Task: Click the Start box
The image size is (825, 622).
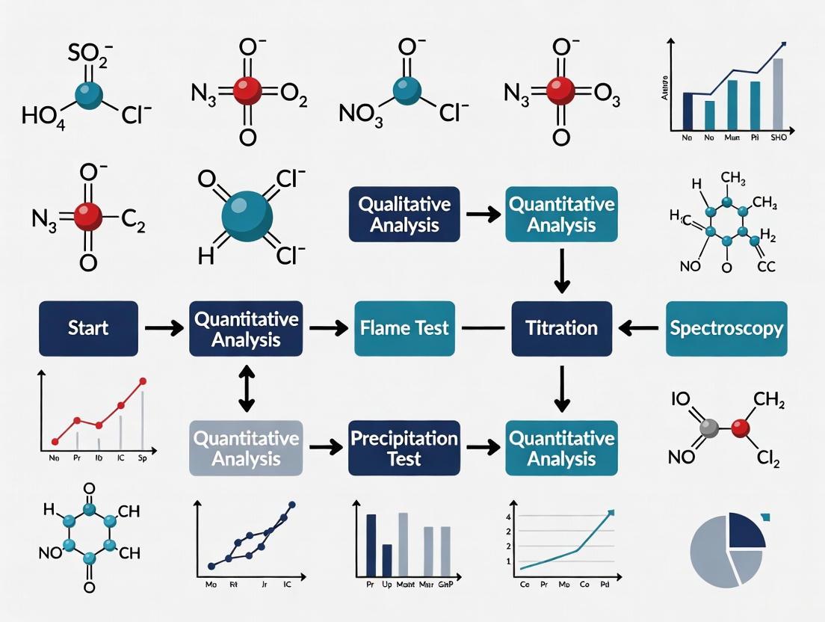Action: [x=88, y=328]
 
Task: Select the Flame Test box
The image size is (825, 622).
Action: [x=404, y=328]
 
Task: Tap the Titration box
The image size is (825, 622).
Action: [x=561, y=328]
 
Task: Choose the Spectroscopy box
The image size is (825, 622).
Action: [x=726, y=328]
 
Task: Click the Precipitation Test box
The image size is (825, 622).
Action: [x=404, y=447]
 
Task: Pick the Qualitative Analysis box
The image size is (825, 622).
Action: [x=404, y=214]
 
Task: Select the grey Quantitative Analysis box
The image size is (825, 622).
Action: [x=246, y=447]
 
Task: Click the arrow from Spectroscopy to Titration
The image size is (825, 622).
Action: [x=639, y=328]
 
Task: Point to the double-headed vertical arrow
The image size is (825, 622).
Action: [x=246, y=389]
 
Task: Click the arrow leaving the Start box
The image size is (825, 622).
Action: [x=163, y=328]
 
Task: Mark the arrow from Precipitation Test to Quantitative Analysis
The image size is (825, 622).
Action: [x=479, y=447]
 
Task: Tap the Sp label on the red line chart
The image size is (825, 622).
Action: [x=142, y=460]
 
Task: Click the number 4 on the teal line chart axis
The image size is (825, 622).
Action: [x=508, y=517]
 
